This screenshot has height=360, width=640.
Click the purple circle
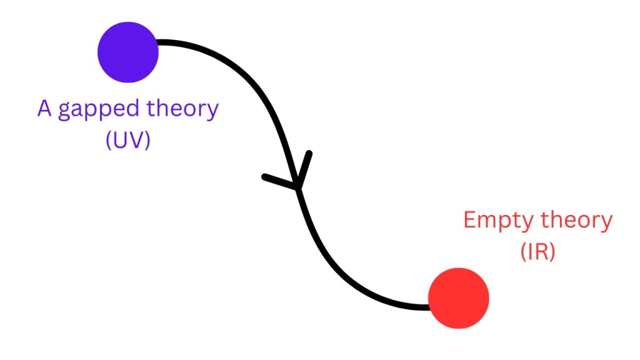[128, 52]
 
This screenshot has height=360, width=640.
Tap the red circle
[458, 298]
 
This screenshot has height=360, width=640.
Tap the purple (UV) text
[128, 140]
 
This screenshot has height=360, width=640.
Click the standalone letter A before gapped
[44, 109]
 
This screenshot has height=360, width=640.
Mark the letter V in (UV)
[136, 140]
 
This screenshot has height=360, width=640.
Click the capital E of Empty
[470, 221]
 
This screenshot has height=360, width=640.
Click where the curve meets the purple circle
[159, 43]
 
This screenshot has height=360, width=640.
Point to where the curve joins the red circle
[429, 306]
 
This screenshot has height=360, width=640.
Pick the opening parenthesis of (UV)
[109, 141]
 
